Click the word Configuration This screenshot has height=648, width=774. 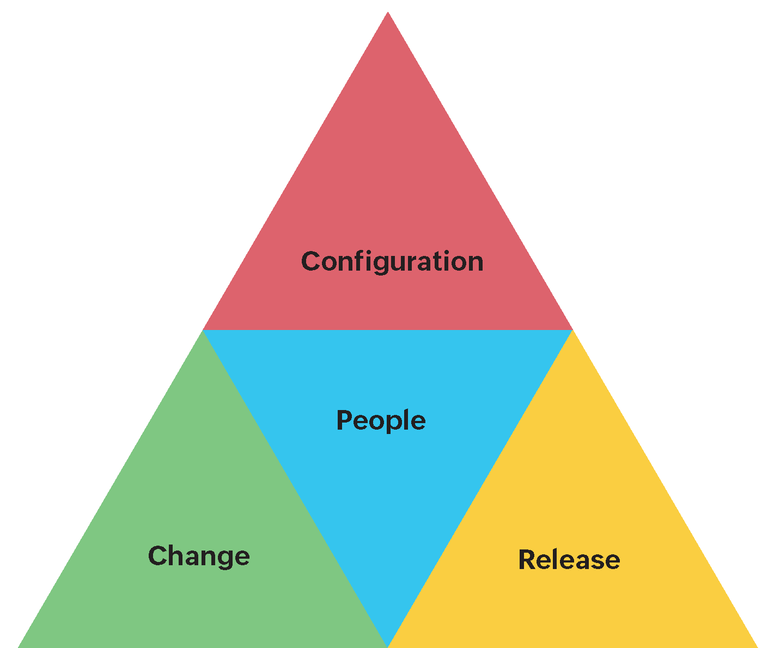392,261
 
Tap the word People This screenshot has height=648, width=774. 381,420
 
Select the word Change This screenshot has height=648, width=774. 199,556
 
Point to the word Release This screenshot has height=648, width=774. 569,560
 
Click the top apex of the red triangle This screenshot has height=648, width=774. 388,14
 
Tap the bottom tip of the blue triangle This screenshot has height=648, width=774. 387,645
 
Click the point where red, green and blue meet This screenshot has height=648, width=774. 203,330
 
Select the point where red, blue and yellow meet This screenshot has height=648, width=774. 572,330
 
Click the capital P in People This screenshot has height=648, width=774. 344,420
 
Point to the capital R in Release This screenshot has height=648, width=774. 527,560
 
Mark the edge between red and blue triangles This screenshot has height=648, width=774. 388,330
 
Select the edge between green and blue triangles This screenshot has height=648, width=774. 295,488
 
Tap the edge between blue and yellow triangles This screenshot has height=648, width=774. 480,488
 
